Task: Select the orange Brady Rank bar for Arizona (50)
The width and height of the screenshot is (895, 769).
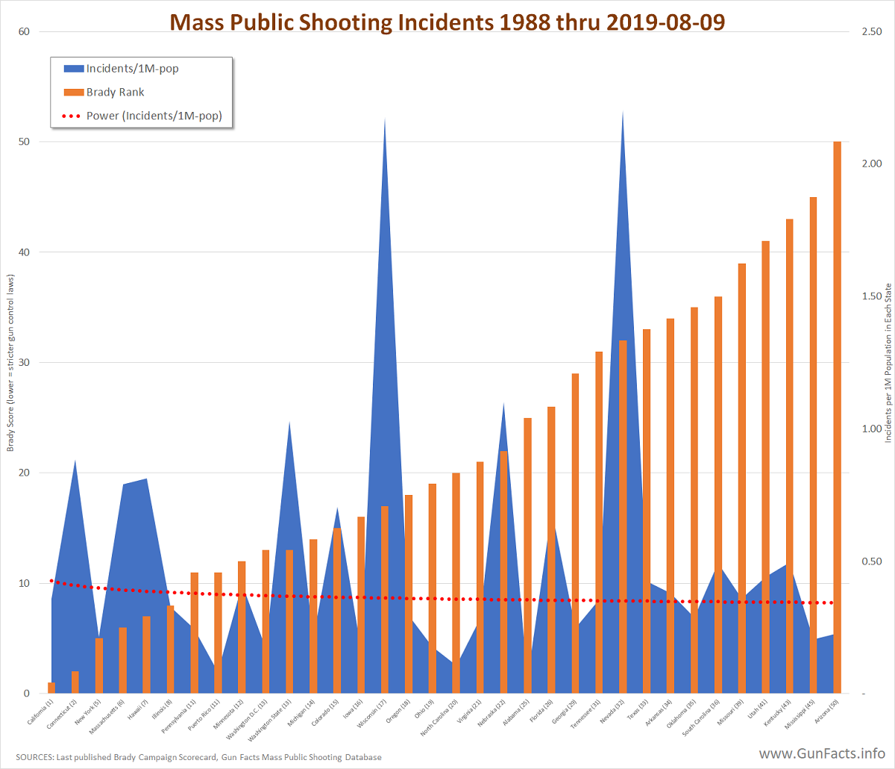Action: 837,418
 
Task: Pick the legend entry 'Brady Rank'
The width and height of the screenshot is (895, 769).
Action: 115,93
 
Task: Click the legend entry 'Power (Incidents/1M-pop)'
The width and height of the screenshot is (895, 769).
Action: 154,116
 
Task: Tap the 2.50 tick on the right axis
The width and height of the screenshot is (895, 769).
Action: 872,31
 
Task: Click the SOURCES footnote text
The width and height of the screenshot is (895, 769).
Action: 198,757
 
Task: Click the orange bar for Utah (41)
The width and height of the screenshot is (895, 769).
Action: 765,467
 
